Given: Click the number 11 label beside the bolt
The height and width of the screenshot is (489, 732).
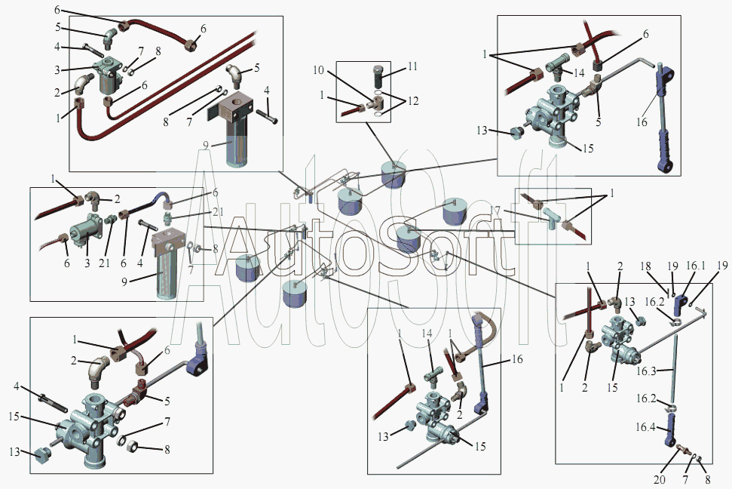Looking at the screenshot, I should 412,66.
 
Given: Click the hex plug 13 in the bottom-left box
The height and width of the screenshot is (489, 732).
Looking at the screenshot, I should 42,455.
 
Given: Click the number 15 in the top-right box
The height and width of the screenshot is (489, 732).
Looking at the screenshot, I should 588,148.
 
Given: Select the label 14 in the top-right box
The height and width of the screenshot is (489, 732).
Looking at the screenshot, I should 579,72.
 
